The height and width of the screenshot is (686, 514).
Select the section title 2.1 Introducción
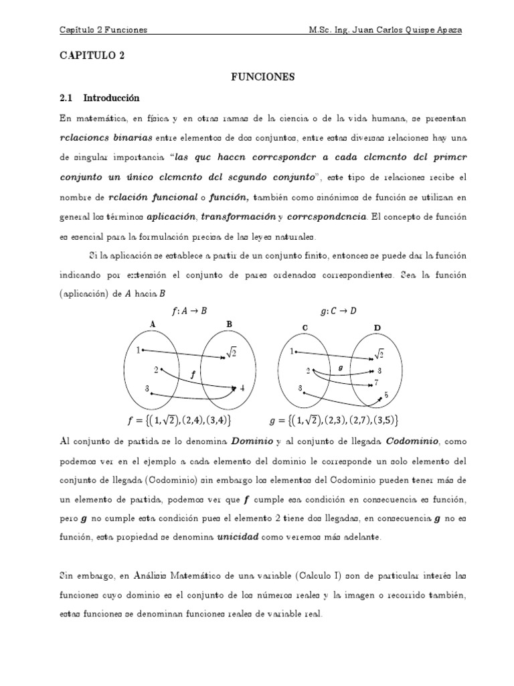tap(100, 98)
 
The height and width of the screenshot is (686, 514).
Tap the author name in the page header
tap(385, 30)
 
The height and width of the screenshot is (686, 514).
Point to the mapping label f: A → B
tap(189, 310)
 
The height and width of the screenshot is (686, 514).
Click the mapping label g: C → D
tap(339, 310)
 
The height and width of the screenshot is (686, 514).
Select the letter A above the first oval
tap(153, 324)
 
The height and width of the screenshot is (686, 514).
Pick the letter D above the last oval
tap(377, 328)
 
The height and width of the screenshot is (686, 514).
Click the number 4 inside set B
tap(242, 388)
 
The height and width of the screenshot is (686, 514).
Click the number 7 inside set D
tap(377, 383)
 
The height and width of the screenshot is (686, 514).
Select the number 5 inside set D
tap(386, 396)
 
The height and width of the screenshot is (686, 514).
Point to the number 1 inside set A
tap(138, 350)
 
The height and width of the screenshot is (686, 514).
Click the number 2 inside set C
tap(309, 370)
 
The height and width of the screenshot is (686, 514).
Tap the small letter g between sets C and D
tap(341, 367)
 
